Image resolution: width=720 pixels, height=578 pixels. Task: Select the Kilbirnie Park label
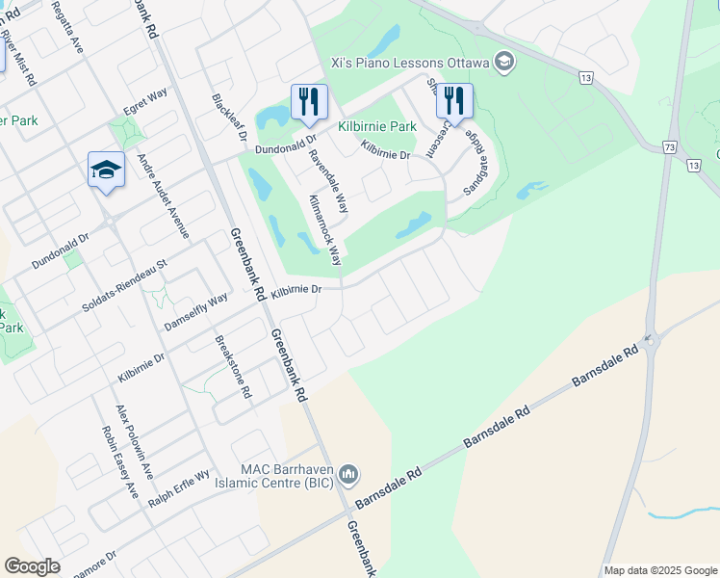coord(377,126)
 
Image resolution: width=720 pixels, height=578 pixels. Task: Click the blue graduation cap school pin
coord(106,171)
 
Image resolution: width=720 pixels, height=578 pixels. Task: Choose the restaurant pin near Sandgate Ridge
coord(453,101)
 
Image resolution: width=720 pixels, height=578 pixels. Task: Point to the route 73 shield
coord(669,147)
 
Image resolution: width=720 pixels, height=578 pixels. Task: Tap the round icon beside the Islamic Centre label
coord(348,473)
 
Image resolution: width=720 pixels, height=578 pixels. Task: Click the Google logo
coord(33,565)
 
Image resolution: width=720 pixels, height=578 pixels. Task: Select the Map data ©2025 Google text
coord(658,570)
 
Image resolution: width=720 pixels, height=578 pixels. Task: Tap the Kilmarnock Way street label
coord(325,229)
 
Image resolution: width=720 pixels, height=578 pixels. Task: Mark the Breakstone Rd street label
coord(233,366)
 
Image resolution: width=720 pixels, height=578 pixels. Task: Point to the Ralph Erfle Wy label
coord(179,489)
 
